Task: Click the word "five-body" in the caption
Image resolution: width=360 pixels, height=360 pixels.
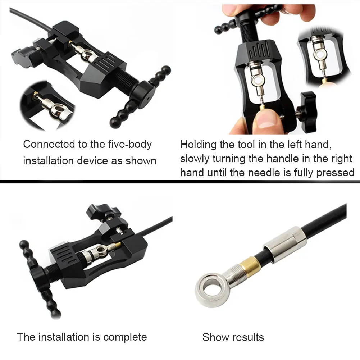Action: coord(130,145)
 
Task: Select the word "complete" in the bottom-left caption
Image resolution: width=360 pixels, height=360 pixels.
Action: coord(125,337)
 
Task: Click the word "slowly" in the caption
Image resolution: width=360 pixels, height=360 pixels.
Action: coord(195,159)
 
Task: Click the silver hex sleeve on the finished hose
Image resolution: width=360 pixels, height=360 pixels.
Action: coord(284,244)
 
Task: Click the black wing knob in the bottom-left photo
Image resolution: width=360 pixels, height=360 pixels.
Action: coord(103,211)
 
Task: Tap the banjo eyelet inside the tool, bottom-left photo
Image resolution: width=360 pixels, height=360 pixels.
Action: coord(100,250)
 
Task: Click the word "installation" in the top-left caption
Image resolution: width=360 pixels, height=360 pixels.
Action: coord(49,161)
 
